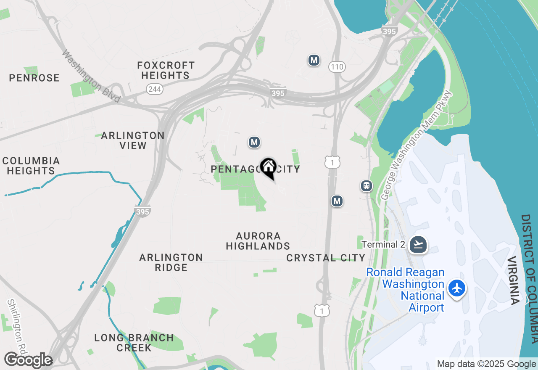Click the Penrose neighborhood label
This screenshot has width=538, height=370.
(34, 78)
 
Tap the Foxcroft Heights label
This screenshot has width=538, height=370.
(165, 70)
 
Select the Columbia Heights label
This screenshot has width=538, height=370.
(31, 166)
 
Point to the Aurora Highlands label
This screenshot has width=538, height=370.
(258, 241)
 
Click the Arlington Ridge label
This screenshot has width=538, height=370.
(171, 262)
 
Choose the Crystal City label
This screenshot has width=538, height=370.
(326, 258)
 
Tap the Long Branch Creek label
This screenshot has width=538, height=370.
(134, 343)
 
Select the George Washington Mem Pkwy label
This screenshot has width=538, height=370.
(416, 145)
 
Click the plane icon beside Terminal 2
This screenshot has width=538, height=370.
(418, 244)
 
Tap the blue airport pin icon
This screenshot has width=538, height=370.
(457, 289)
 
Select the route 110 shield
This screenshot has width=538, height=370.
(337, 66)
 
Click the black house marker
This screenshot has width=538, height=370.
(268, 168)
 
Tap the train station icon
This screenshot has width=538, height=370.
(367, 186)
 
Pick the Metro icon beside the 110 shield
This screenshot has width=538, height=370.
(314, 60)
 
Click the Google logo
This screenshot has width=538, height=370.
(28, 360)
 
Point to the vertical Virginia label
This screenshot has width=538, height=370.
(514, 280)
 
